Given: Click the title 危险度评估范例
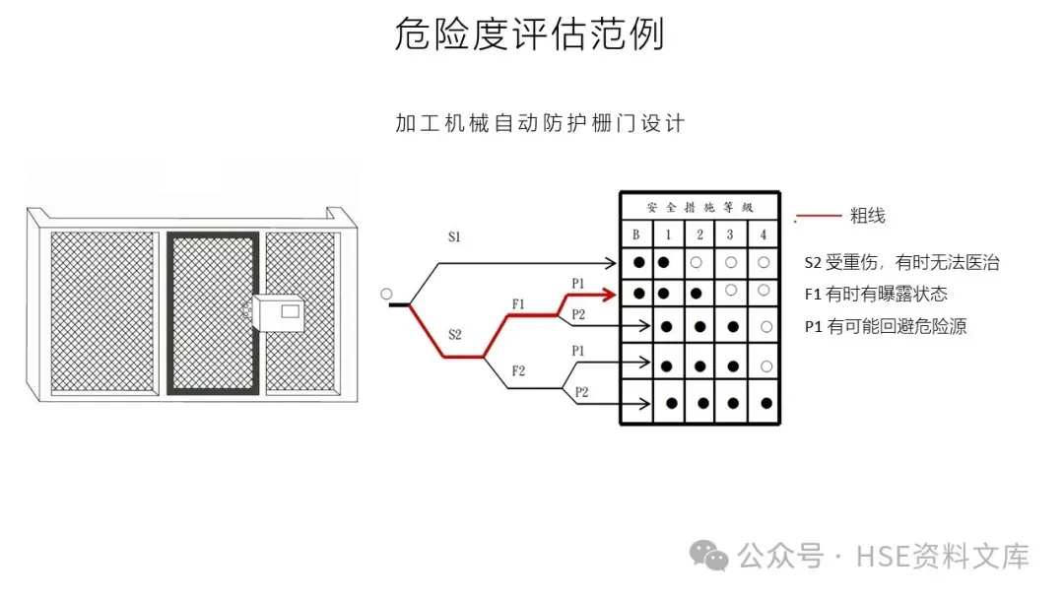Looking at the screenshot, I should [x=530, y=34].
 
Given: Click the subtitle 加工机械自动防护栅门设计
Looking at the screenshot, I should [x=540, y=123].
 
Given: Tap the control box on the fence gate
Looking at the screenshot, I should [x=281, y=311].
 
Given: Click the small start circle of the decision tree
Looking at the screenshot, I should [x=386, y=294].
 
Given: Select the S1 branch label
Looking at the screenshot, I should [x=454, y=237].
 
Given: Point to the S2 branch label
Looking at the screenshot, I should [x=454, y=334].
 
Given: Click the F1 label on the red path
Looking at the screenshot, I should [x=518, y=303].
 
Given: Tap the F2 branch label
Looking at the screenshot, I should [x=518, y=370].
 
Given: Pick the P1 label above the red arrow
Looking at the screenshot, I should [x=578, y=284].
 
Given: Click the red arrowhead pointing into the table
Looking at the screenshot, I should [x=612, y=294].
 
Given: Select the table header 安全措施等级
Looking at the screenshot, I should [x=699, y=208].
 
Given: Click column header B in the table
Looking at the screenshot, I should [x=636, y=235].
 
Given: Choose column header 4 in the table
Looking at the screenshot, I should [x=764, y=235].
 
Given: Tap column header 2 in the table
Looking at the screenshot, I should [x=699, y=235].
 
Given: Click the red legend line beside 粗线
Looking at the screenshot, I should [x=818, y=216].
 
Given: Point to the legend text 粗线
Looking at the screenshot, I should [x=867, y=216].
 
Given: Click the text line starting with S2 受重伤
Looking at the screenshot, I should [x=901, y=262].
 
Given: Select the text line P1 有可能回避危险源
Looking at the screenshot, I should [x=885, y=327].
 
